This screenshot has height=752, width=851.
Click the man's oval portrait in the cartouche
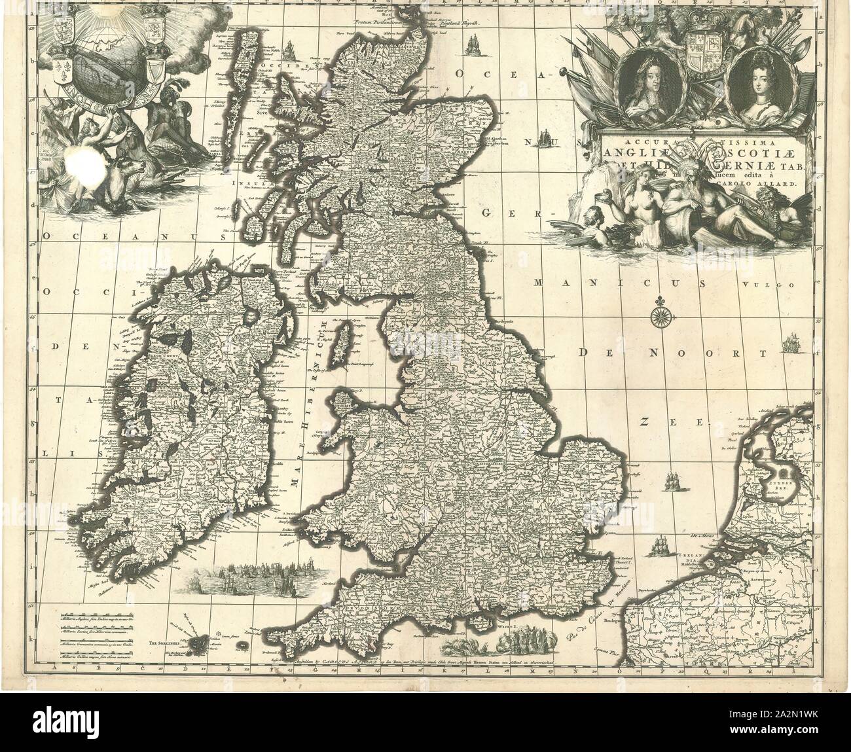(651, 84)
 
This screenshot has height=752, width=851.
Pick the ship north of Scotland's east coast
(471, 44)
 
